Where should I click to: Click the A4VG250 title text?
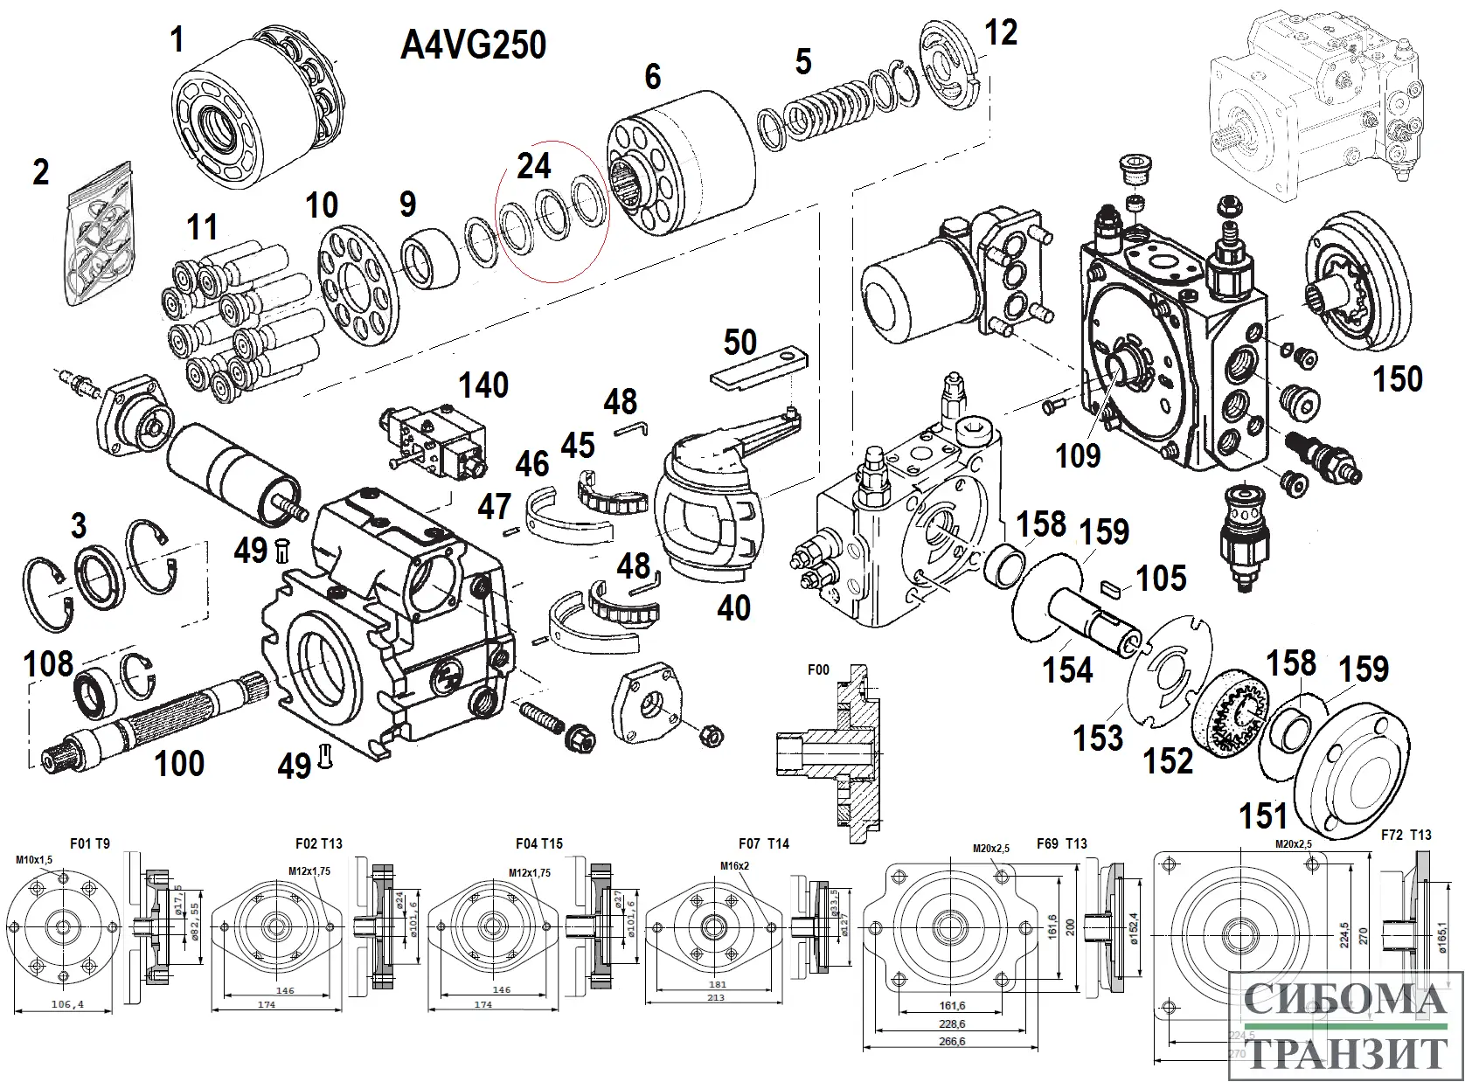coord(473,45)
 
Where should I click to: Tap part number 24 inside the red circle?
coord(533,165)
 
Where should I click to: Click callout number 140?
coord(483,385)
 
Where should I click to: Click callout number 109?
coord(1078,455)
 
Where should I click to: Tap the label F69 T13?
coord(1061,844)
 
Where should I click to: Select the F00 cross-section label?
coord(817,670)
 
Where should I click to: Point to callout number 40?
coord(733,607)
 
